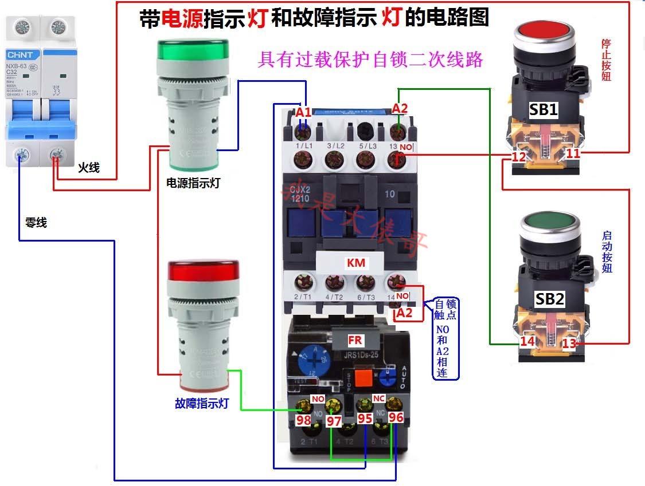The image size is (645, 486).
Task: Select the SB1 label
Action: point(543,109)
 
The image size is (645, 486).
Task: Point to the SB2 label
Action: point(550,298)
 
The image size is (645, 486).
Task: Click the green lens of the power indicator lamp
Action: point(193,48)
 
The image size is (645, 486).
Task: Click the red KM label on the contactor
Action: point(356,263)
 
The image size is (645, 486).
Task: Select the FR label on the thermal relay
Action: point(355,340)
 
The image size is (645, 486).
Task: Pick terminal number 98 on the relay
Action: point(303,420)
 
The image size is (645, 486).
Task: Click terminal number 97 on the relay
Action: point(334,421)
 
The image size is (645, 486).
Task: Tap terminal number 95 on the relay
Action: point(365,418)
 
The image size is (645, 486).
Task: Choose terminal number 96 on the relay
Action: point(396,417)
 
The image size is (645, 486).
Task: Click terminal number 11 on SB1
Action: point(573,153)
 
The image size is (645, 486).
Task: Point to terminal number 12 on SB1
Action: point(519,156)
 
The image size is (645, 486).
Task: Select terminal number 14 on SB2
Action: point(527,342)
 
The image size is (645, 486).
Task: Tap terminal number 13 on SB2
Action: point(569,343)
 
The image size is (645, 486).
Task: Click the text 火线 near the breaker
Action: point(89,168)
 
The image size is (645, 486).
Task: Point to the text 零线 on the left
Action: point(36,223)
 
